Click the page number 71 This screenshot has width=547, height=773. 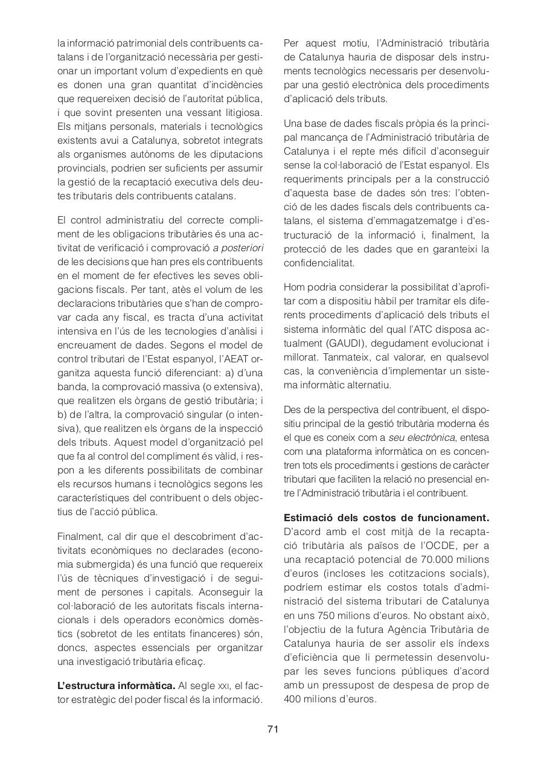(x=273, y=729)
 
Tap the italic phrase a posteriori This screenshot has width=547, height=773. (x=238, y=248)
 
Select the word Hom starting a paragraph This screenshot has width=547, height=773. (x=295, y=287)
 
